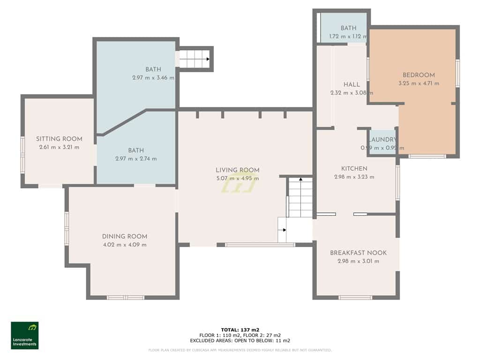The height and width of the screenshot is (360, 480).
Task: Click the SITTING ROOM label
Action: click(59, 139)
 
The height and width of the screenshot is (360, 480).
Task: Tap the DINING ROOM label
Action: click(125, 236)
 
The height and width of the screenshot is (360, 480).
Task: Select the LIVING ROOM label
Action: click(237, 170)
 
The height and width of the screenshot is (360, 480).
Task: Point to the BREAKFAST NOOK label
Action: click(358, 253)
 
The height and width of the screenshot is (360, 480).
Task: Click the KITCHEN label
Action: click(354, 168)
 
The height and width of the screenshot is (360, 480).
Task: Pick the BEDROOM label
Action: click(419, 75)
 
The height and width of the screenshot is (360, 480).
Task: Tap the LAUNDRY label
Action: click(382, 140)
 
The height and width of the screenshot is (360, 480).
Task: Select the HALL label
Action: click(352, 84)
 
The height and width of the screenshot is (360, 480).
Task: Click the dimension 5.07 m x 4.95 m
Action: click(237, 178)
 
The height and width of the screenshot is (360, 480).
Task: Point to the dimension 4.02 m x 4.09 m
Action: click(125, 245)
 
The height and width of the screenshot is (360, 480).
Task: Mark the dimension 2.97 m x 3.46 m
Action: click(153, 78)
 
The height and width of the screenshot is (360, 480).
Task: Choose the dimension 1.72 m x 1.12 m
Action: click(348, 36)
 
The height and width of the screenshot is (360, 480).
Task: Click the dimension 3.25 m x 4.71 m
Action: click(419, 83)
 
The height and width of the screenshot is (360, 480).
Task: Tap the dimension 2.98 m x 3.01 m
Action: click(358, 261)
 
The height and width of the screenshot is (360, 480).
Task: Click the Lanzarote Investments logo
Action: click(25, 335)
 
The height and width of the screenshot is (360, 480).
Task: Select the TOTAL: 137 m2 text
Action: click(240, 330)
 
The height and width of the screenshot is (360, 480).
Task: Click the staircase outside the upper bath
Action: click(194, 59)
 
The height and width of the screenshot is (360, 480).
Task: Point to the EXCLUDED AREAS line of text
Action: click(240, 341)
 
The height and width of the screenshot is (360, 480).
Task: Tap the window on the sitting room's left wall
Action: click(22, 155)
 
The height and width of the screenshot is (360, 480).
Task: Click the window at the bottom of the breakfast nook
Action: click(355, 297)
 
